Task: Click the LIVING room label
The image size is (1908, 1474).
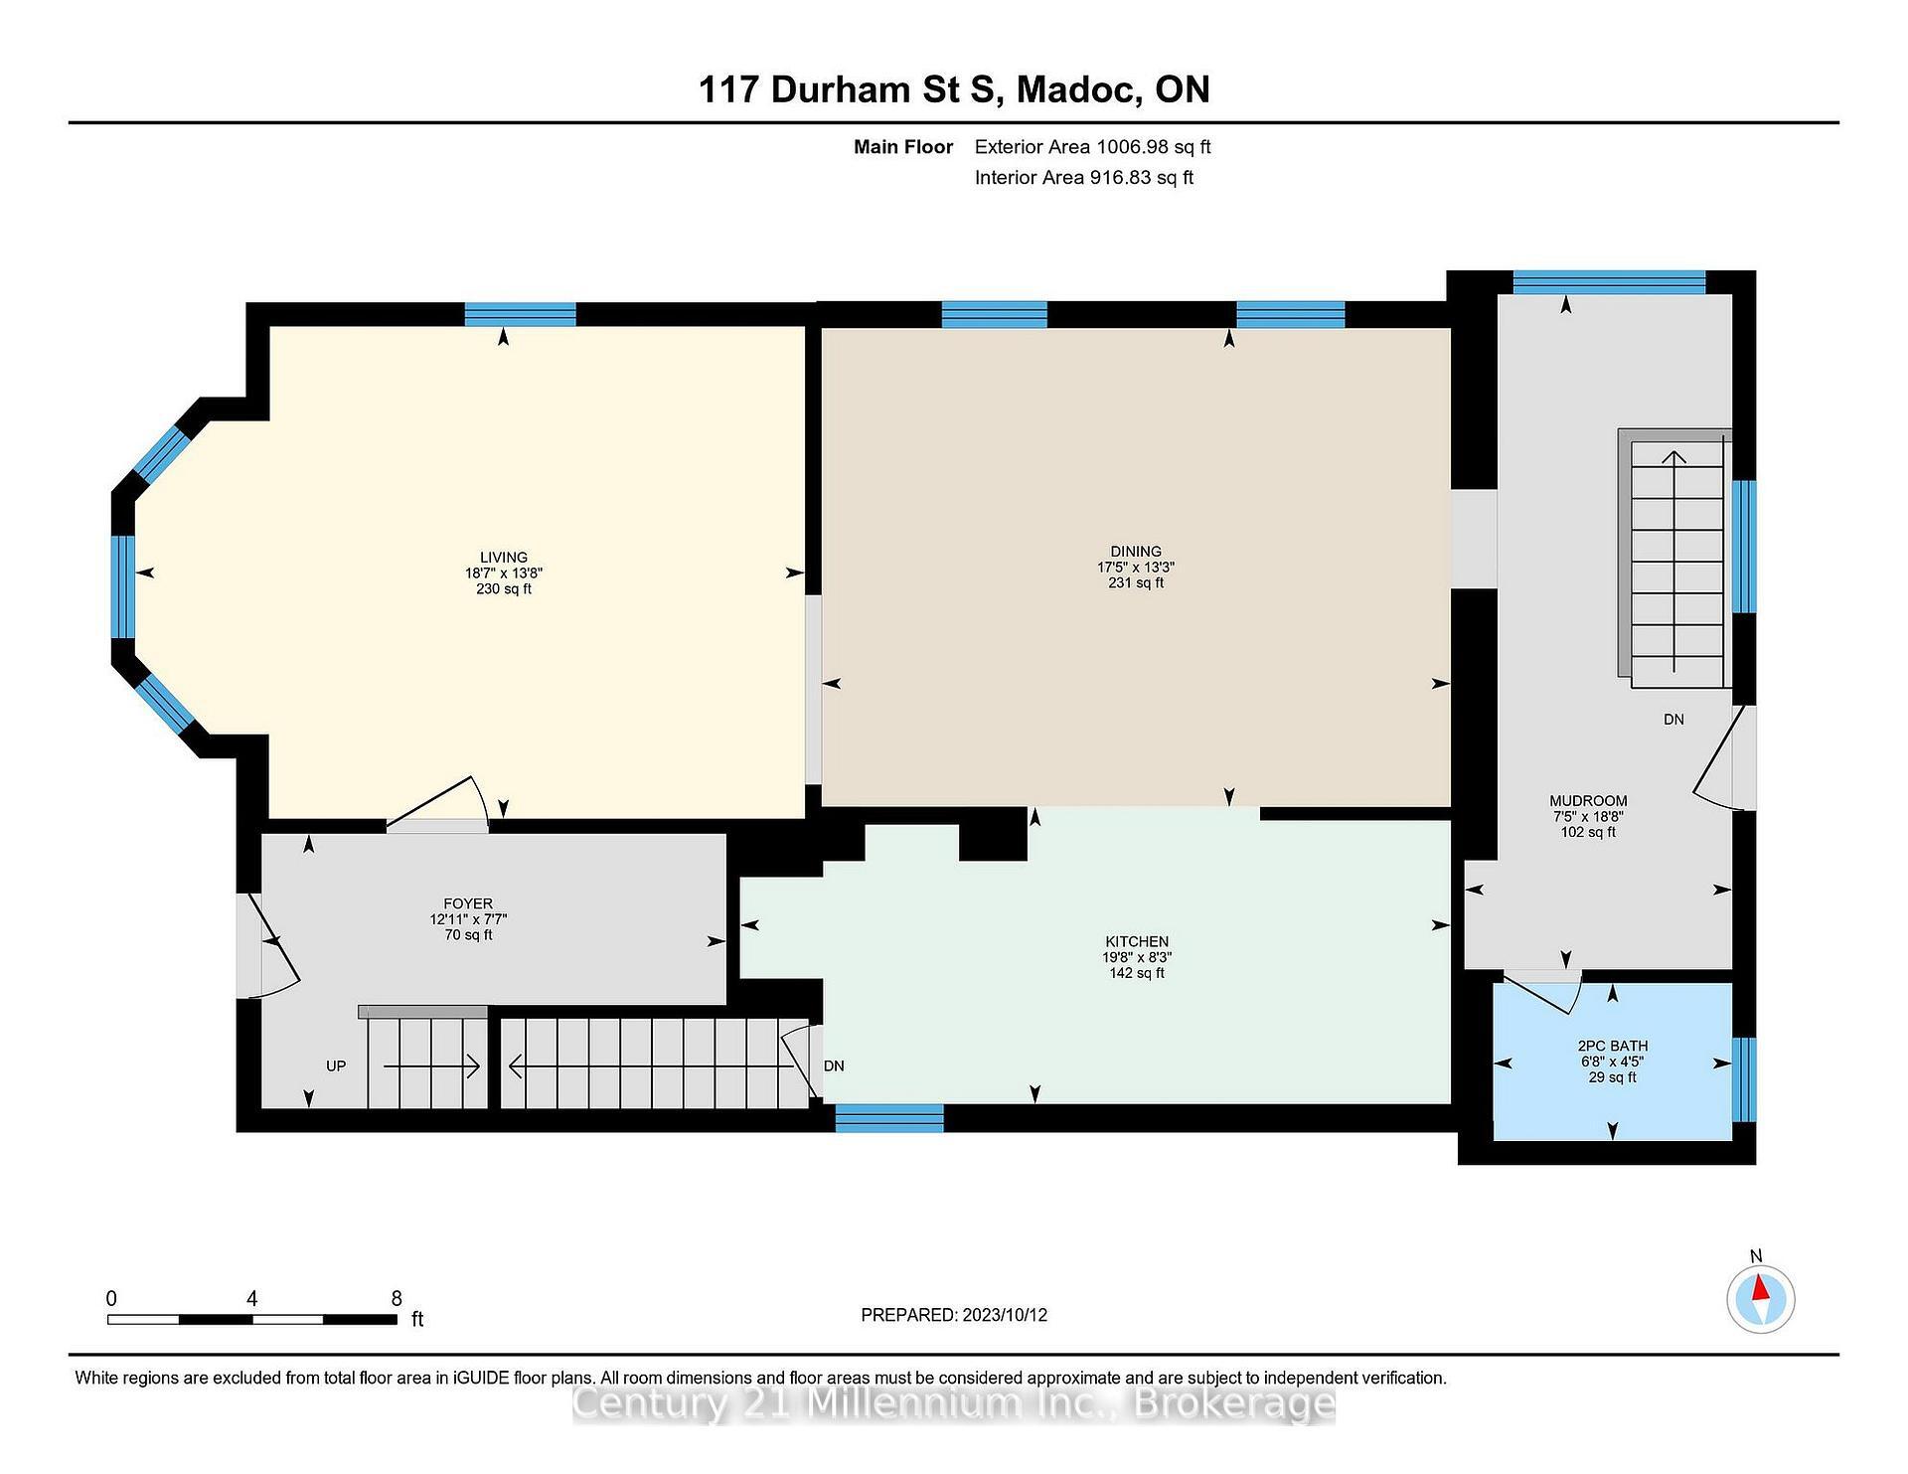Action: point(503,558)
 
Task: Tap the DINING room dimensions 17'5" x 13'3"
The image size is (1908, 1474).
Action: point(1135,568)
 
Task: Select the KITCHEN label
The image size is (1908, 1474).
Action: point(1137,941)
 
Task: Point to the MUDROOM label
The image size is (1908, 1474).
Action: point(1588,801)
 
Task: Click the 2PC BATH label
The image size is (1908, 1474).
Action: point(1612,1046)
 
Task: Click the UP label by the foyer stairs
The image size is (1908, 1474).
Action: point(336,1066)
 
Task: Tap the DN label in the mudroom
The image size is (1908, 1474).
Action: point(1673,720)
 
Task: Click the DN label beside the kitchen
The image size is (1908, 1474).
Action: point(834,1066)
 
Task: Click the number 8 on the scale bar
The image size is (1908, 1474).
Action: point(397,1298)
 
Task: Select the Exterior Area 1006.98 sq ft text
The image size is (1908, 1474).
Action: point(1092,147)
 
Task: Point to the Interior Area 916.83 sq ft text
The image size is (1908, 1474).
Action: point(1083,178)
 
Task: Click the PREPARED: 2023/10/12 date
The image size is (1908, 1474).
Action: point(953,1315)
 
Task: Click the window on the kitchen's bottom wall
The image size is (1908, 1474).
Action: point(888,1118)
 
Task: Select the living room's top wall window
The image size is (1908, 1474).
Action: point(520,314)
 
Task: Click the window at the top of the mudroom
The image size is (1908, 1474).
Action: point(1608,282)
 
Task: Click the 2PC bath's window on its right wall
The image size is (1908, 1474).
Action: point(1743,1079)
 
